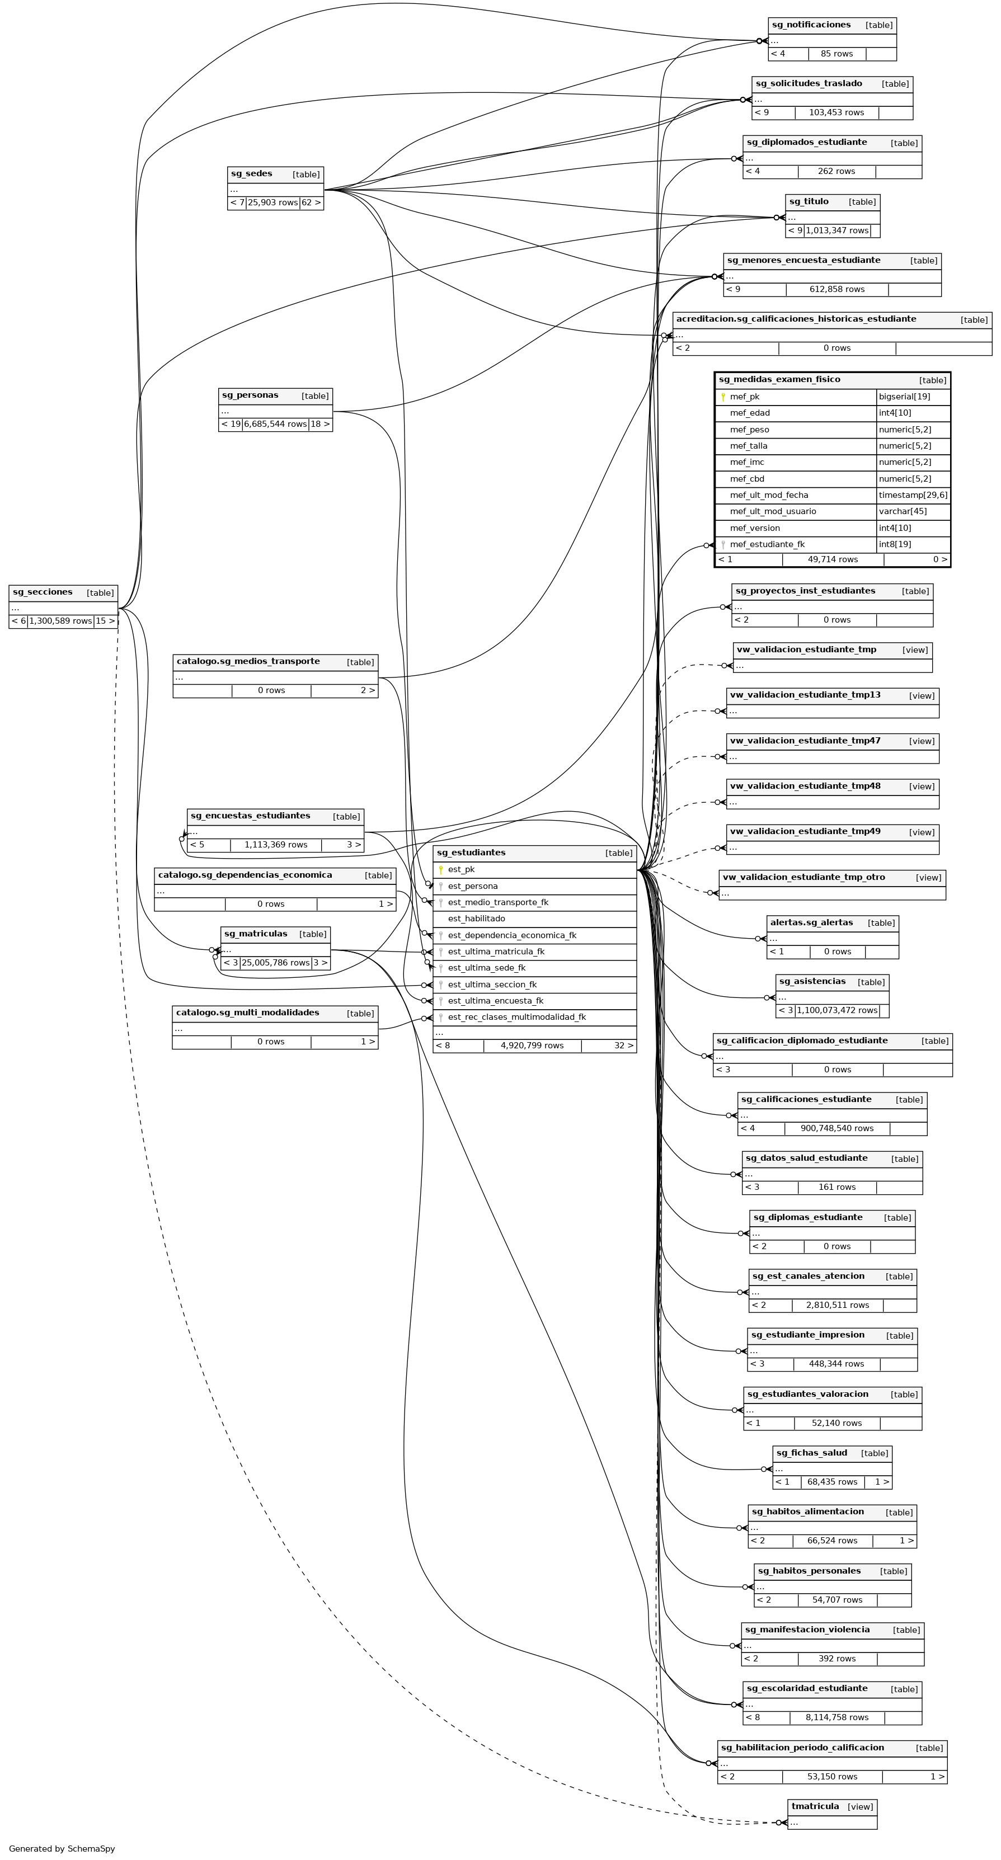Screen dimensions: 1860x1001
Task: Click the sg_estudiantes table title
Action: [x=471, y=853]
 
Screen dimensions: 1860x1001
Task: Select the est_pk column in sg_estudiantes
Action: [x=461, y=869]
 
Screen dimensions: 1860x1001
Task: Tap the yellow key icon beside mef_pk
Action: [x=723, y=397]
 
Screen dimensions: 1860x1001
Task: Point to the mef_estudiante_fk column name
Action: [x=767, y=544]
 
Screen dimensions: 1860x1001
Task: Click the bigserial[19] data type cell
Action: [x=904, y=397]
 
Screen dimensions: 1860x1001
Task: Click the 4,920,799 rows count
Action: [x=532, y=1046]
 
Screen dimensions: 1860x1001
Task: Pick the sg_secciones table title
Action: [x=43, y=592]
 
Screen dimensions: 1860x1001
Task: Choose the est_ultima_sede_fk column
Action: [x=486, y=968]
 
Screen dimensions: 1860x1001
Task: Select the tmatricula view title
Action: [x=815, y=1806]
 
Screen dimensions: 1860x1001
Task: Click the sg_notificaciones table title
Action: [x=811, y=25]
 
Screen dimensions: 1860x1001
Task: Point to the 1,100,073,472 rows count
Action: [x=837, y=1010]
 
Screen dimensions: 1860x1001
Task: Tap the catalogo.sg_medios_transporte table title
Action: [x=248, y=661]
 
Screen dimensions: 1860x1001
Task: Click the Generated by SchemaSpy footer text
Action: [x=62, y=1848]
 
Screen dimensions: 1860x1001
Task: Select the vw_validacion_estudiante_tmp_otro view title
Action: [x=803, y=877]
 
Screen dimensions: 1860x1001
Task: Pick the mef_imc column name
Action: [x=747, y=462]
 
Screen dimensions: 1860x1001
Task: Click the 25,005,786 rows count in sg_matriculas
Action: [x=275, y=963]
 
